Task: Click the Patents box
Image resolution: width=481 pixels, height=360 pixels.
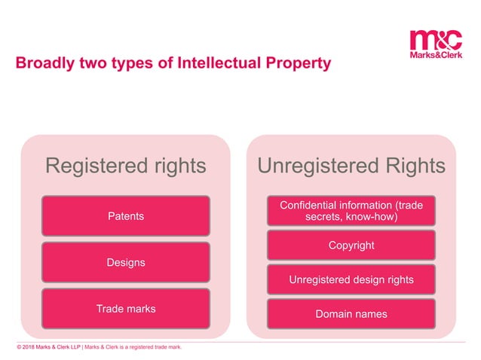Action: (125, 216)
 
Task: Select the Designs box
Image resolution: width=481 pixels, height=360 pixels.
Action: (125, 262)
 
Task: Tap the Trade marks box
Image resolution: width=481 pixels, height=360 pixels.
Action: (125, 309)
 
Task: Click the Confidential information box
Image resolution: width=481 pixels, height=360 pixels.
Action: (351, 211)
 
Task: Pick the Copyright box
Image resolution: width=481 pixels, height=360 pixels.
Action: (351, 246)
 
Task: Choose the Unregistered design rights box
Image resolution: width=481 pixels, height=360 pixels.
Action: (351, 279)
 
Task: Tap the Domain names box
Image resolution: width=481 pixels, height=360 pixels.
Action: (351, 313)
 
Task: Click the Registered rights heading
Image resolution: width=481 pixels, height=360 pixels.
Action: (125, 166)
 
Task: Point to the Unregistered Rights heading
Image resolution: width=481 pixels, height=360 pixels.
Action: (351, 166)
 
